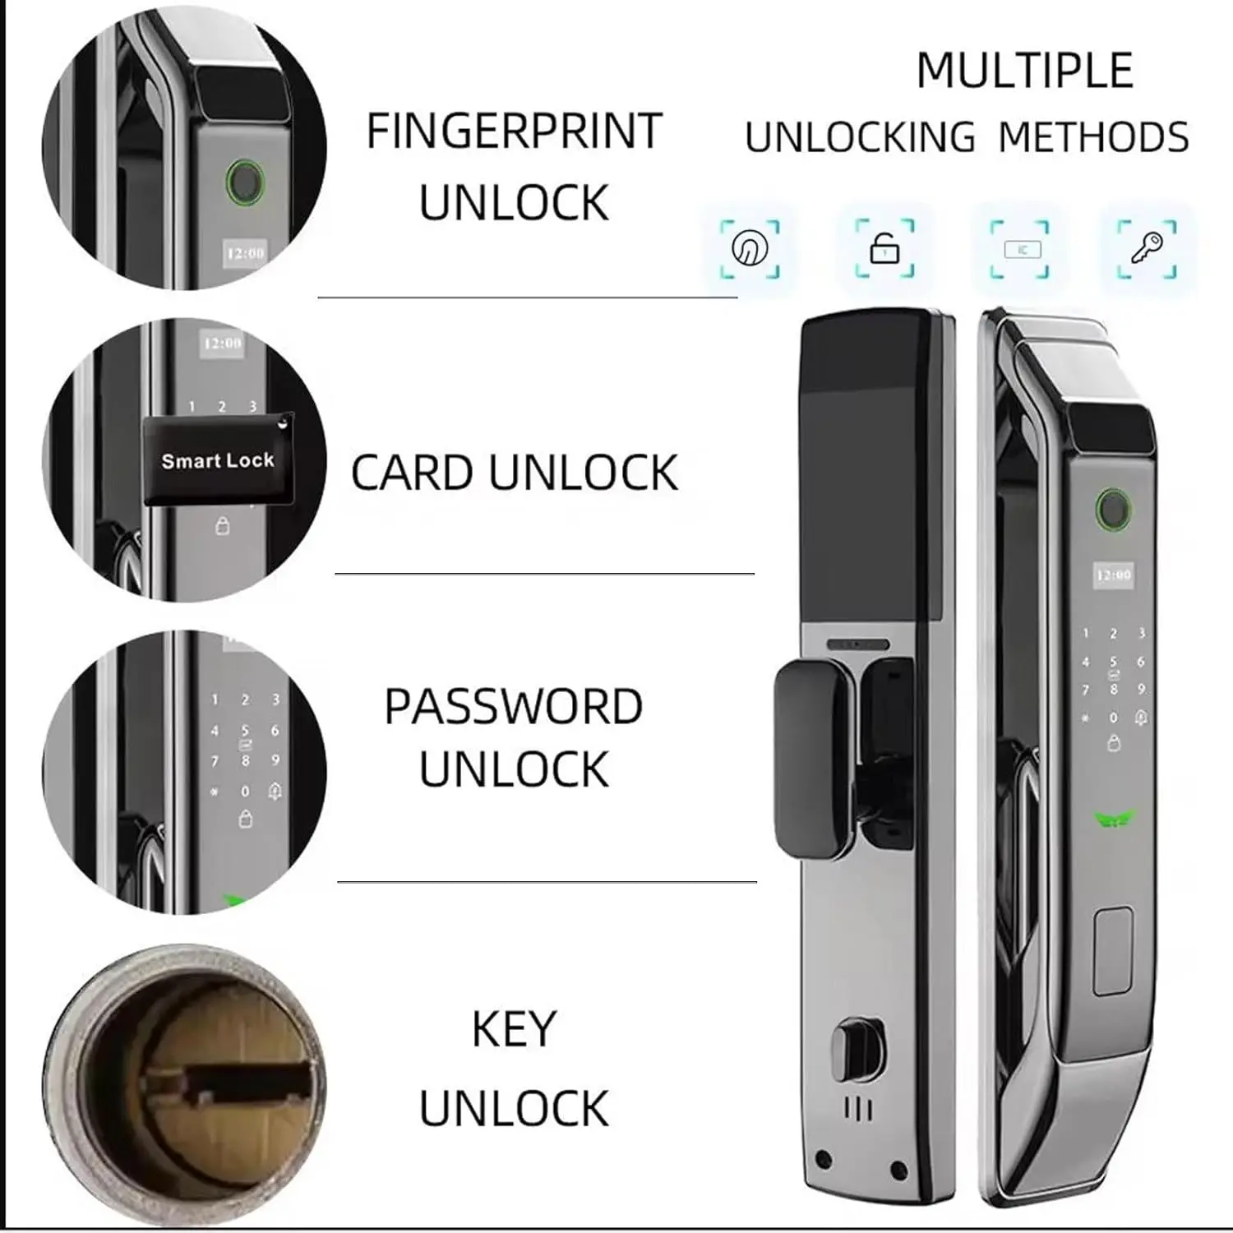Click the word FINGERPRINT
pos(515,132)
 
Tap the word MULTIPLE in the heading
pos(1025,71)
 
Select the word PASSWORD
pos(514,707)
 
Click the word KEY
pos(515,1029)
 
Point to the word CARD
pos(413,473)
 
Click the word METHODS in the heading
pos(1094,137)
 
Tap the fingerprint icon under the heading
pos(750,247)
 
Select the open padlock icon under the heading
pos(884,248)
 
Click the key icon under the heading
pos(1147,247)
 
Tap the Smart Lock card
pos(219,459)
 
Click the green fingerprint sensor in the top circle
pos(243,180)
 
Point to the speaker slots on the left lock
pos(858,1111)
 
